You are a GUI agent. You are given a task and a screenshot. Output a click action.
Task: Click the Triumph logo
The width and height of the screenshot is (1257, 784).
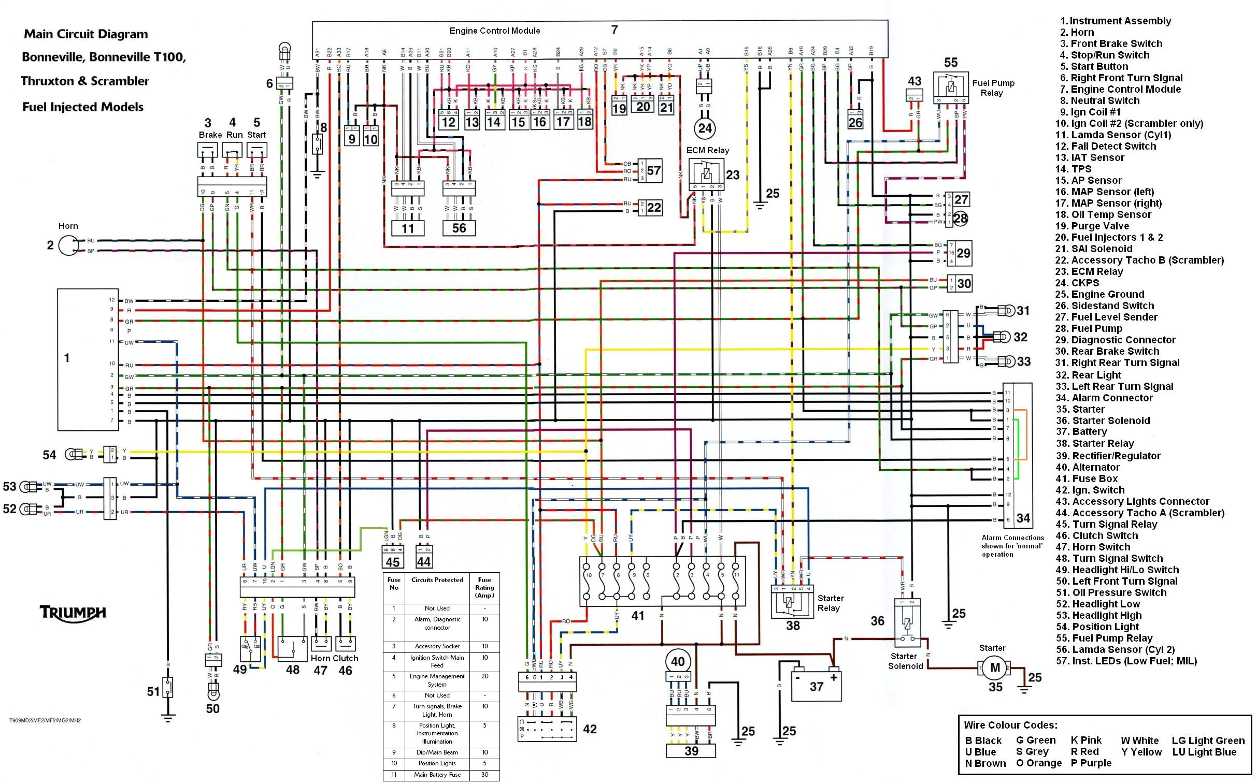[73, 613]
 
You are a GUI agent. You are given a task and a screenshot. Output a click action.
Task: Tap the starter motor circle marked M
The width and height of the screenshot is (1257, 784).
[994, 668]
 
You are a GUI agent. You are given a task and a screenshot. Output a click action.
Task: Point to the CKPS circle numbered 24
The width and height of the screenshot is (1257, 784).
[705, 128]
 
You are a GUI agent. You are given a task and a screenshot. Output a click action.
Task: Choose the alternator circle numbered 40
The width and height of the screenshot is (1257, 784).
[678, 662]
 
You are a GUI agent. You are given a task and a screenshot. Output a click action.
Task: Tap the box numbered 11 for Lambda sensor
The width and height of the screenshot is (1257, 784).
[407, 228]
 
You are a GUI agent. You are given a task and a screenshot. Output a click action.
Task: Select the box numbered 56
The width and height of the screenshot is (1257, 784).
[459, 228]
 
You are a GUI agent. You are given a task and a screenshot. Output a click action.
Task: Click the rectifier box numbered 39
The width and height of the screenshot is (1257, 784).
[691, 751]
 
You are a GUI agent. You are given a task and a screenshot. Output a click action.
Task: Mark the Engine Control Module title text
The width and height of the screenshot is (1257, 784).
[494, 31]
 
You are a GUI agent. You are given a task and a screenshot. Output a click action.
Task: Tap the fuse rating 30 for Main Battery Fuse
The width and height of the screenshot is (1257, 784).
[484, 775]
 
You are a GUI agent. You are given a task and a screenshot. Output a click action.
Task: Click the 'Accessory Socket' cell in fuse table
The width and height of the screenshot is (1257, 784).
[437, 646]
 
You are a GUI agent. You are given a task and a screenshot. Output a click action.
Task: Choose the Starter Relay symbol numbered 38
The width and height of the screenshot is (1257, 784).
[792, 602]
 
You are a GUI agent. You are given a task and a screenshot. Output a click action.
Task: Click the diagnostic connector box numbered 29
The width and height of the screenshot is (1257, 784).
[963, 253]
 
